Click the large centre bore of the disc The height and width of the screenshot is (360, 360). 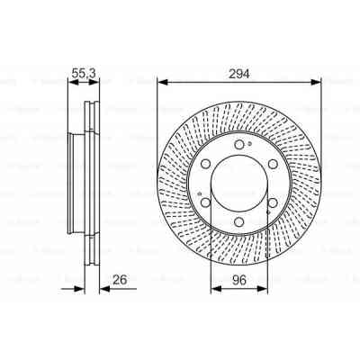click(x=239, y=184)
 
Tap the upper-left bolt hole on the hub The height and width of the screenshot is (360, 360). click(x=205, y=164)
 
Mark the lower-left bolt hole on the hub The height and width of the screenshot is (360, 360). click(x=205, y=203)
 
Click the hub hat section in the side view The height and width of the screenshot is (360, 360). click(x=77, y=184)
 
